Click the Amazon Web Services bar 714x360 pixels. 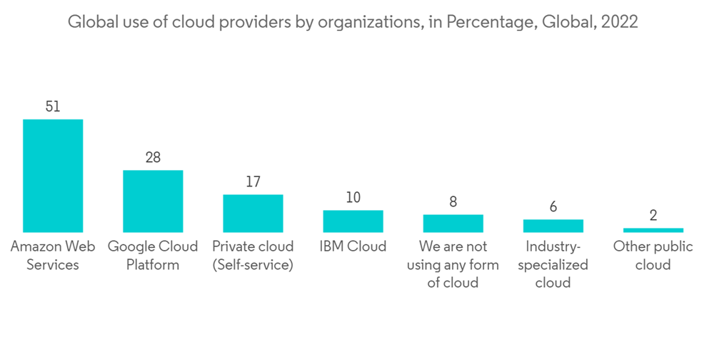tap(53, 176)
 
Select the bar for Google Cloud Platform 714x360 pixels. tap(153, 201)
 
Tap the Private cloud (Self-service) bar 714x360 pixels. tap(253, 213)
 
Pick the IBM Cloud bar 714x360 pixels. tap(353, 221)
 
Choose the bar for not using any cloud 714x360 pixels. tap(453, 223)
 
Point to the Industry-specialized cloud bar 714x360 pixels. tap(553, 226)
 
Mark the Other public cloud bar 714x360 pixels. tap(653, 230)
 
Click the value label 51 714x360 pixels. tap(53, 107)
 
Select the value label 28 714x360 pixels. tap(153, 158)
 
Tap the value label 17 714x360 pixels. tap(253, 182)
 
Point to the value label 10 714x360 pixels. tap(353, 198)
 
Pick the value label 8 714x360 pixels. tap(453, 202)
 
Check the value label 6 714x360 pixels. tap(553, 207)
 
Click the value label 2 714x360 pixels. tap(653, 216)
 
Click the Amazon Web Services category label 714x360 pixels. tap(53, 256)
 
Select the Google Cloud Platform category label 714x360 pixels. tap(153, 256)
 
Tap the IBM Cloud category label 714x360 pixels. tap(353, 247)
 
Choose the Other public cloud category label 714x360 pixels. tap(653, 256)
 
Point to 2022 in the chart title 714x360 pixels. tap(620, 22)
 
